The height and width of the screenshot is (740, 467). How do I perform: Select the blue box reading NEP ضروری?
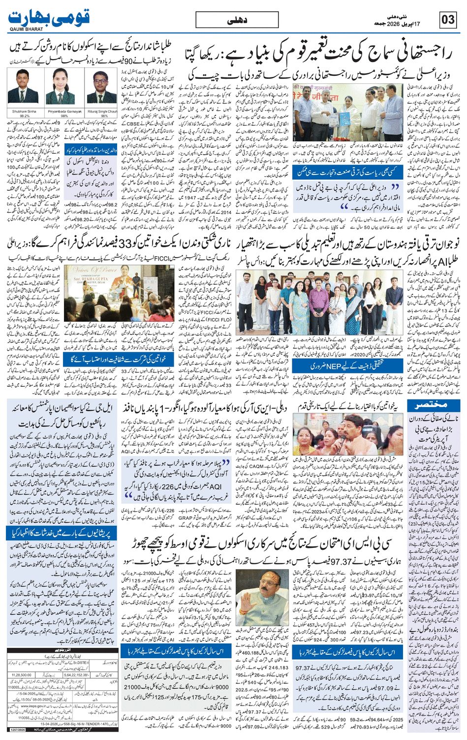(x=327, y=366)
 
